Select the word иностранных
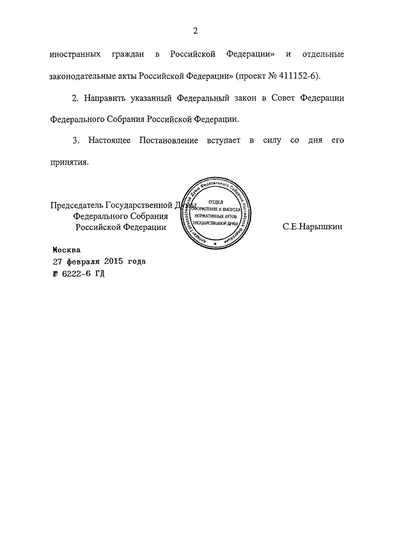76,55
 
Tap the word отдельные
319,55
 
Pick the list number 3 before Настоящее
75,141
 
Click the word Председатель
77,206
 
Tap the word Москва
66,250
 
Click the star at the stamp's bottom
215,245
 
